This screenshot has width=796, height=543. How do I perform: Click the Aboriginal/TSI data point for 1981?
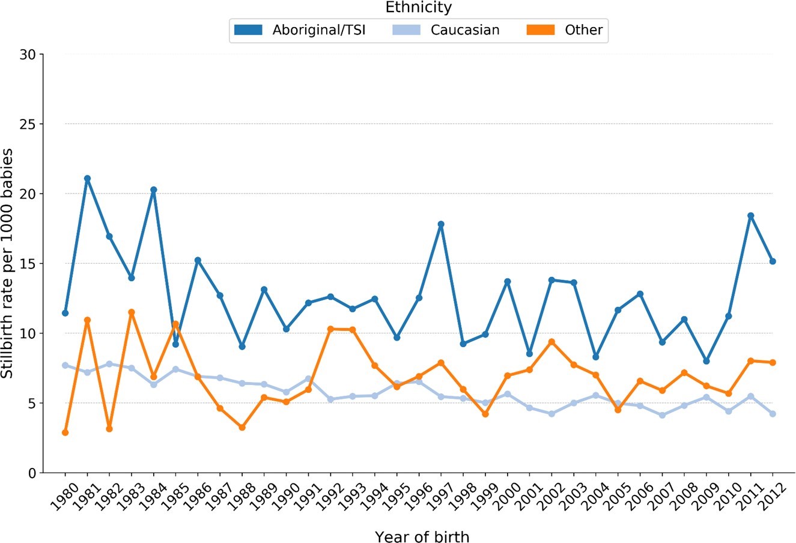tap(87, 178)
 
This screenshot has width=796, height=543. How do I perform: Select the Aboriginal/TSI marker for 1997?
tap(441, 224)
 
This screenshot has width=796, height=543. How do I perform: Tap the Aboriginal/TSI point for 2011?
tap(750, 216)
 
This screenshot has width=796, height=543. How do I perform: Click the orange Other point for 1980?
tap(65, 432)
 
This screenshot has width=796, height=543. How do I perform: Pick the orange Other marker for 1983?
tap(132, 312)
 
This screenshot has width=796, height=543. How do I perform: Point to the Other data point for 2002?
tap(551, 342)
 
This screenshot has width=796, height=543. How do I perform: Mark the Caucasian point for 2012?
tap(773, 414)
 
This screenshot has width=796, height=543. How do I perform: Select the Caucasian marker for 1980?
tap(65, 365)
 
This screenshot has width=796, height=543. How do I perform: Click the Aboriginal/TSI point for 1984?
tap(154, 190)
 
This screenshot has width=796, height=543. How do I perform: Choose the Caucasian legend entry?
tap(465, 29)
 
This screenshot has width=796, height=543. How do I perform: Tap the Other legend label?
tap(583, 29)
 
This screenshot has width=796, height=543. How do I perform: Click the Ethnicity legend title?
tap(419, 8)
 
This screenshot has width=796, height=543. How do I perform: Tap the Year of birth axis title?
tap(422, 536)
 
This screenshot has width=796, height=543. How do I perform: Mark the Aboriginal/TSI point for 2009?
tap(706, 361)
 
